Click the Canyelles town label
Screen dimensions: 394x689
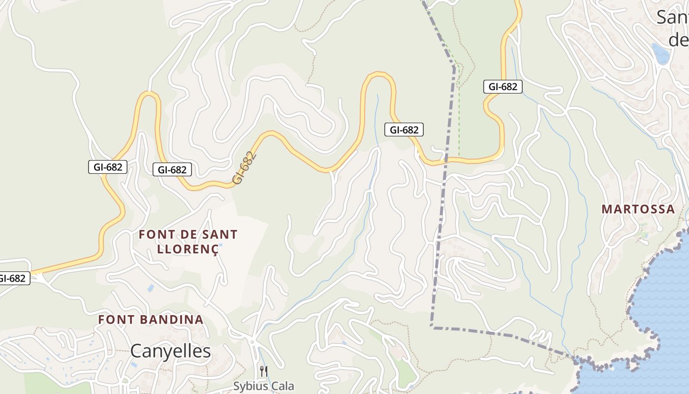[170, 351]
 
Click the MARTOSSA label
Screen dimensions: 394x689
[638, 209]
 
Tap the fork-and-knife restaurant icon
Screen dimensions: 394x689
[264, 371]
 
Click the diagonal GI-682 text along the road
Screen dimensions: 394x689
[245, 168]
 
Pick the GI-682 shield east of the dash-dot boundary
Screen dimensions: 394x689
[502, 87]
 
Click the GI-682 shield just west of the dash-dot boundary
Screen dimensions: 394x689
[404, 130]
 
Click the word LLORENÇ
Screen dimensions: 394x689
[187, 249]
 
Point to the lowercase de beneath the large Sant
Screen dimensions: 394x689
[678, 39]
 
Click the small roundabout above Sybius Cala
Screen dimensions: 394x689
[252, 341]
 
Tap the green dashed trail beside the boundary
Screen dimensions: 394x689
[459, 113]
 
